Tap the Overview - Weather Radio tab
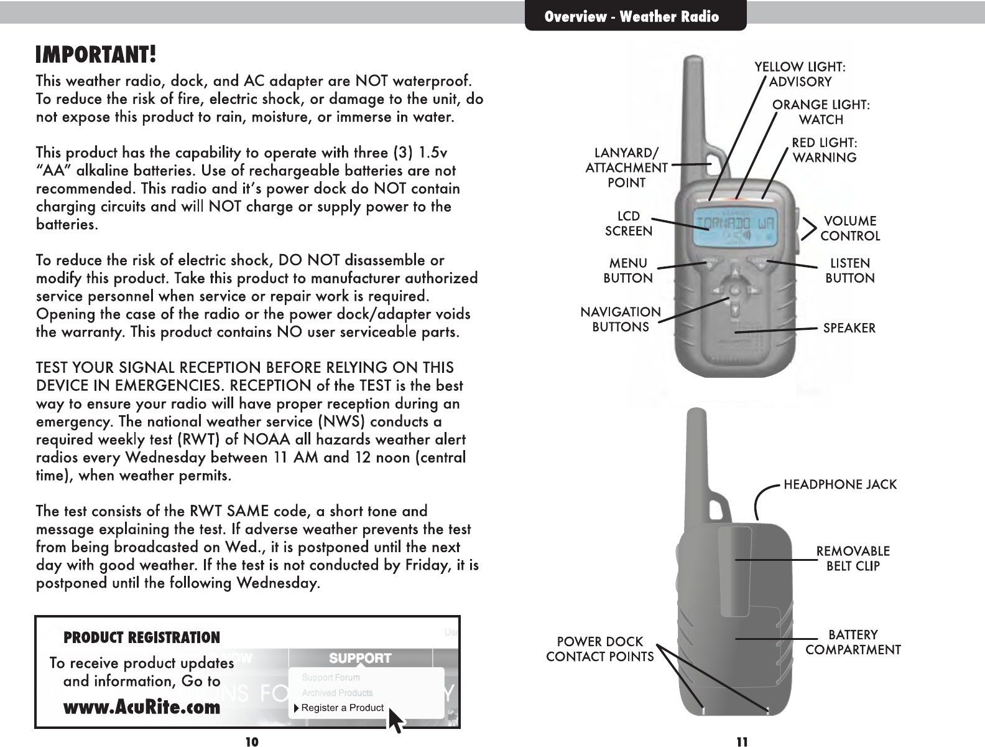[x=632, y=17]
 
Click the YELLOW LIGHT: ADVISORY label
[x=800, y=73]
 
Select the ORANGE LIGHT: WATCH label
[x=821, y=112]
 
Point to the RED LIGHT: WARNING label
[x=825, y=150]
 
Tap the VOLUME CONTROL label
[x=850, y=228]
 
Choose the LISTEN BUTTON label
[x=850, y=270]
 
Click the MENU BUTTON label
[x=628, y=270]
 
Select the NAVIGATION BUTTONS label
[x=621, y=319]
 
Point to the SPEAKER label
[x=849, y=327]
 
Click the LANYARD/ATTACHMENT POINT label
[x=627, y=167]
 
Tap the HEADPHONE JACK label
[x=840, y=484]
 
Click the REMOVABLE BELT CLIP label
[x=853, y=558]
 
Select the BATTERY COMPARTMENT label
[x=853, y=642]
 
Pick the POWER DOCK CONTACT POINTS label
[x=600, y=649]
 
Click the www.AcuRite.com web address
[x=142, y=707]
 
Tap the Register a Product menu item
[x=342, y=708]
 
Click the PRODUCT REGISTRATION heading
[x=142, y=637]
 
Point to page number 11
[x=742, y=741]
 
